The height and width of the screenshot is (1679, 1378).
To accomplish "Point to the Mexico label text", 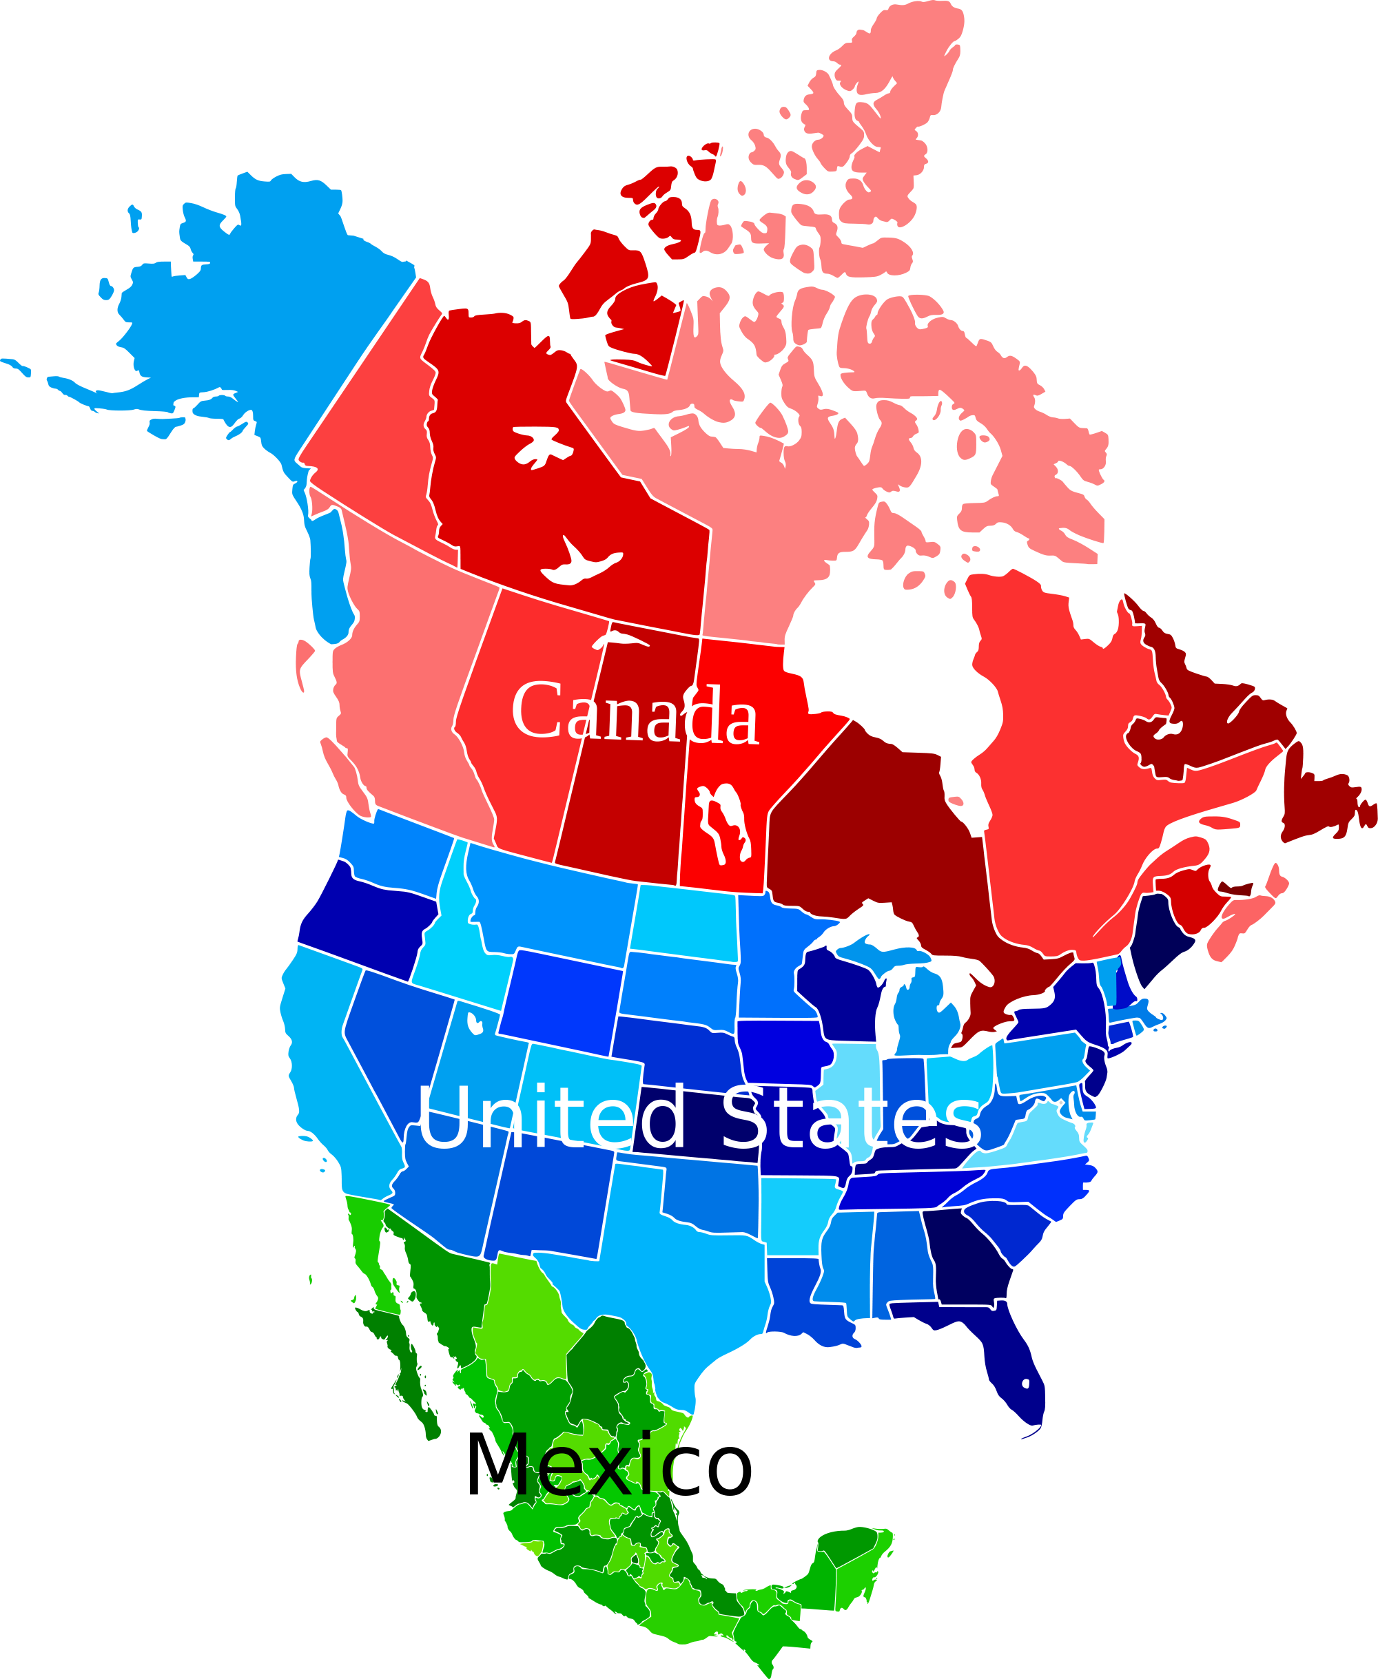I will pos(588,1465).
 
